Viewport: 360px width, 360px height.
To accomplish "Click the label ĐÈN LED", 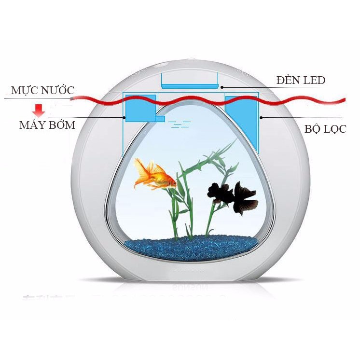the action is click(x=301, y=80).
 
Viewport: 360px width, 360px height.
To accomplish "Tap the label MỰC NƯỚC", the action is click(x=43, y=91).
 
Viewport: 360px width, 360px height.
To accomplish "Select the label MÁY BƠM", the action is click(x=47, y=125).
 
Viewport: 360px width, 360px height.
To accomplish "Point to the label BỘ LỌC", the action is click(x=325, y=129).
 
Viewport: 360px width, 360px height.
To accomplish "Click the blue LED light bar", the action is click(x=190, y=86).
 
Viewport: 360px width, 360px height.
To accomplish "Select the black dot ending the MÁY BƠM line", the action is click(x=125, y=117).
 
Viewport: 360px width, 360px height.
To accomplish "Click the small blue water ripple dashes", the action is click(x=180, y=125).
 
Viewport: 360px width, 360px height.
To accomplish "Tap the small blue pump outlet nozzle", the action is click(x=159, y=119).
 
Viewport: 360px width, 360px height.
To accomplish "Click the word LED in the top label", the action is click(x=313, y=80).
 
